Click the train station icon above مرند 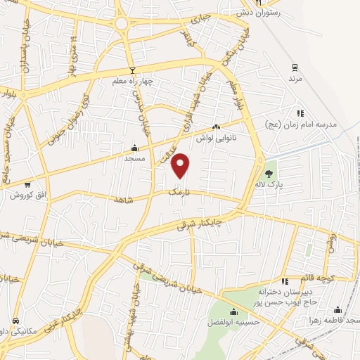295,68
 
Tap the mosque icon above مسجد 134,148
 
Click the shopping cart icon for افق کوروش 27,185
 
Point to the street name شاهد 124,200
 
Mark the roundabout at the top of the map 122,25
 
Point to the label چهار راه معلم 131,82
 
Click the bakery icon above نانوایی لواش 216,127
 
